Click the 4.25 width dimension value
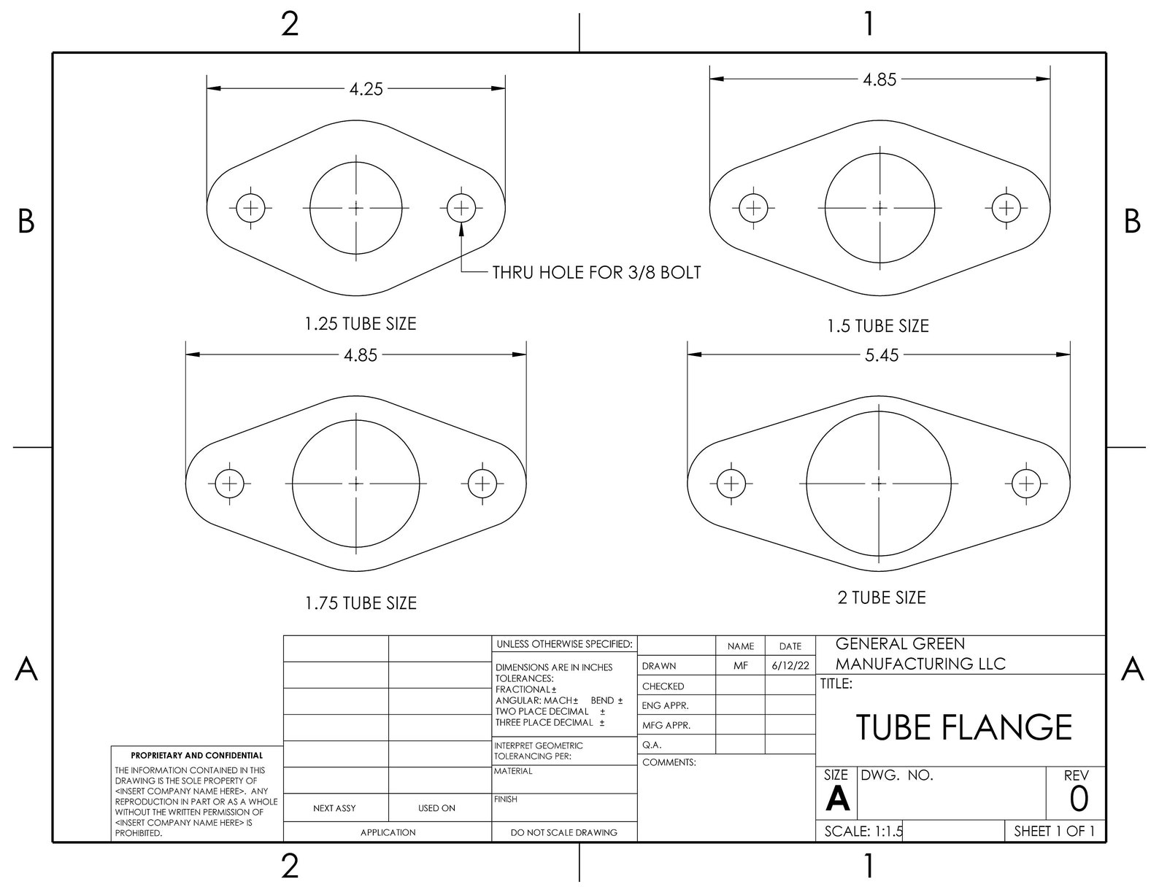click(366, 89)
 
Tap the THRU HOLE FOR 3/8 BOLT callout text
click(596, 273)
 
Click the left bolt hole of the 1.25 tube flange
click(250, 208)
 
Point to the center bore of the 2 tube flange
click(879, 483)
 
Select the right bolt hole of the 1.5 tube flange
click(1006, 208)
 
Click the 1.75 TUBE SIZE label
click(361, 603)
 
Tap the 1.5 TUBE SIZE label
click(877, 326)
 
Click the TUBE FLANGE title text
click(963, 727)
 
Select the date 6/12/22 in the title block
click(790, 666)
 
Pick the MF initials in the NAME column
click(740, 666)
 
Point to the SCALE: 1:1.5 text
click(863, 832)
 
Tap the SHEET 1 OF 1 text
click(1054, 832)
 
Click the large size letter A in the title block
click(837, 801)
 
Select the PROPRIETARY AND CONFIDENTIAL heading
click(196, 756)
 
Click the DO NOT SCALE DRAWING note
click(564, 832)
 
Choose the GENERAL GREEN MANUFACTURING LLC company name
click(920, 654)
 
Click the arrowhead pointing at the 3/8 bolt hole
click(461, 228)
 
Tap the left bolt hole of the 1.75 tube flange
click(229, 483)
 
